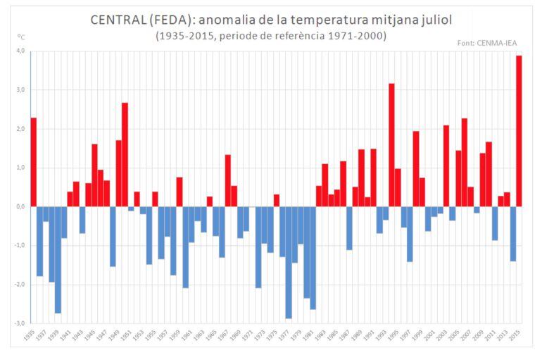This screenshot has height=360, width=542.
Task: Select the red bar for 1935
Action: tap(34, 162)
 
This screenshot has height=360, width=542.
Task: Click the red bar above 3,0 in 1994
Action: tap(391, 145)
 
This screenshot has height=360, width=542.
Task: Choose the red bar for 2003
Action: tap(446, 166)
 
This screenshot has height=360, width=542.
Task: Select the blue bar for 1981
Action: tap(313, 258)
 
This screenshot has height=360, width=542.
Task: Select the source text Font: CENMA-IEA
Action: tap(488, 42)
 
